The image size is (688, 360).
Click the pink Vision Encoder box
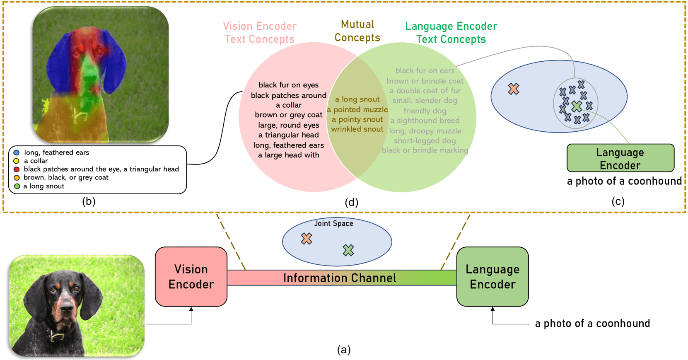click(x=191, y=276)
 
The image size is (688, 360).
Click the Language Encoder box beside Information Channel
click(x=492, y=276)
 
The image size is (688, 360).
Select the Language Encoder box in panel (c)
click(x=620, y=158)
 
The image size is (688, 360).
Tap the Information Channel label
click(x=340, y=278)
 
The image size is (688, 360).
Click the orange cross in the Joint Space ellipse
click(x=307, y=239)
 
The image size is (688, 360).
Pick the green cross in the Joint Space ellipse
click(x=348, y=250)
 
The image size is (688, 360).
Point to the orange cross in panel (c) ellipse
click(x=514, y=89)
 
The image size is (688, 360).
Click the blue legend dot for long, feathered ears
click(x=17, y=152)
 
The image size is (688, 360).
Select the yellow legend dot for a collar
click(x=17, y=161)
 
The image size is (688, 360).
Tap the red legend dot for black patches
click(x=17, y=169)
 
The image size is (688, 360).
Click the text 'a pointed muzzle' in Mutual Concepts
click(x=357, y=110)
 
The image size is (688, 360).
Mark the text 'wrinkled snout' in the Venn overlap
click(x=357, y=129)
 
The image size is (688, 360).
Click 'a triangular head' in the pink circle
click(x=289, y=135)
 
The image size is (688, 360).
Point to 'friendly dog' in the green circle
click(x=425, y=111)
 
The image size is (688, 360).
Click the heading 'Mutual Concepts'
click(x=357, y=31)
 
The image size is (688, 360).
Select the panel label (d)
click(x=352, y=202)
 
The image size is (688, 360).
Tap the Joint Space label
click(x=333, y=224)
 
